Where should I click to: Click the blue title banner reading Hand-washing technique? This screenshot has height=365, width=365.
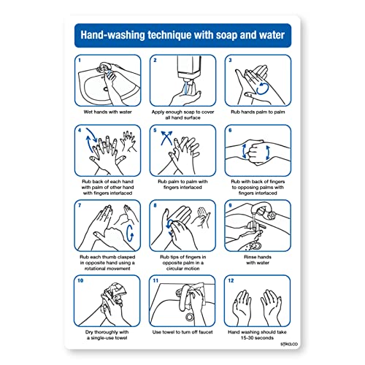click(182, 34)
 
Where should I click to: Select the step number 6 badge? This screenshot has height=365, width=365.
click(229, 131)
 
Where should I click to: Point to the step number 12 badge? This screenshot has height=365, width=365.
click(231, 280)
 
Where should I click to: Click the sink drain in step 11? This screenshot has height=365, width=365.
click(189, 318)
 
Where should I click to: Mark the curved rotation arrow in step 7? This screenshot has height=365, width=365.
click(130, 232)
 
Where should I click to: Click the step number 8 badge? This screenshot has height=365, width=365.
click(155, 205)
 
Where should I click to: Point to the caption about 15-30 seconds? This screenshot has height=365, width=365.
click(257, 337)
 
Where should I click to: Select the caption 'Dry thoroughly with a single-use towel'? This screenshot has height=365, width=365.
click(109, 337)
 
